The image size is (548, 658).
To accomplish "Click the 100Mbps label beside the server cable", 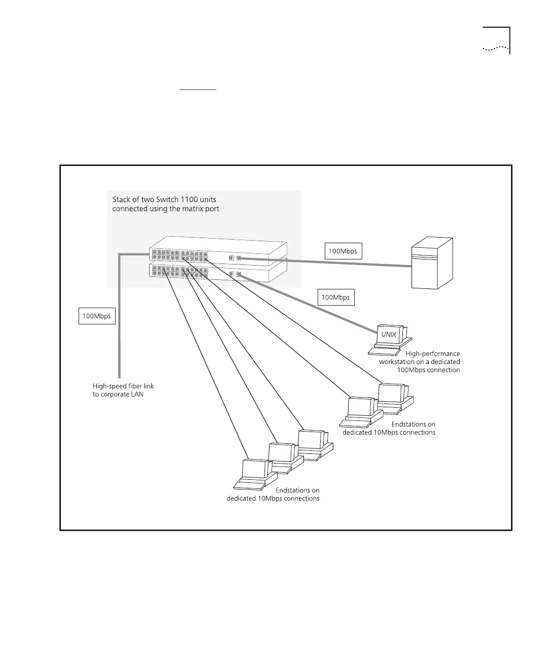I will [343, 251].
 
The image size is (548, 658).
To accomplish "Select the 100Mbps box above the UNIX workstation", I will [336, 298].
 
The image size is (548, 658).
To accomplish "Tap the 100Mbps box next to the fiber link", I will [96, 316].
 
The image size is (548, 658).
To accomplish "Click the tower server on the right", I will [431, 263].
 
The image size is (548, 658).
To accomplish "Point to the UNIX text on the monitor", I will [389, 335].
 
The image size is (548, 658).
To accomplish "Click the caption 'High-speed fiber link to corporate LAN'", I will [123, 390].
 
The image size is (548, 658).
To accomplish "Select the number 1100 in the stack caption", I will [190, 200].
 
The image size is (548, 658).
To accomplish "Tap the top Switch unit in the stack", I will [218, 248].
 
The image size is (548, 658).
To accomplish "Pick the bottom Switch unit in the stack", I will [218, 272].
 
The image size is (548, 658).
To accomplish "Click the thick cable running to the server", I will [325, 262].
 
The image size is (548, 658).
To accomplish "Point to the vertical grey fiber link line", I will [119, 325].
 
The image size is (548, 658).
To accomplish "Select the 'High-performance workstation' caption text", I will [420, 361].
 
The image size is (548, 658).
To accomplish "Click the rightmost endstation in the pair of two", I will [394, 396].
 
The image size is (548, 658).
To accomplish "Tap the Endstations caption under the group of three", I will [273, 495].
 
